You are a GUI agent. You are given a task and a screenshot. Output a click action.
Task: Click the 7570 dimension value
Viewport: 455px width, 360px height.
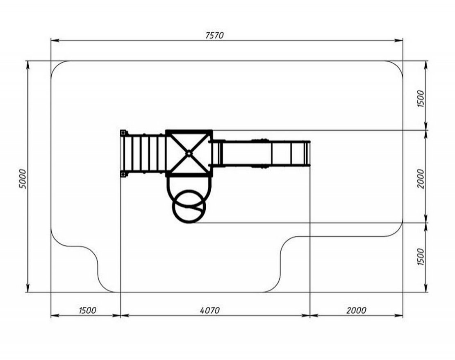point(214,35)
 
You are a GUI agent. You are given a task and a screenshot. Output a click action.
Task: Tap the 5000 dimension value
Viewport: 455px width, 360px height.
point(23,179)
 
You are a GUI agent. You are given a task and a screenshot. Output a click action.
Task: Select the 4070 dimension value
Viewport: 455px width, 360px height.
point(210,310)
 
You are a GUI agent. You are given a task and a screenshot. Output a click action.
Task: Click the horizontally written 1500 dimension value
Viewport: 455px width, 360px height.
point(87,310)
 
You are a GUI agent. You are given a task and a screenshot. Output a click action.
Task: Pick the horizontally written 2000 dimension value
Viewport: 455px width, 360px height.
point(356,310)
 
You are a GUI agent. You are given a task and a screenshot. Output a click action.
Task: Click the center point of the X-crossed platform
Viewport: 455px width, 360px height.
point(189,153)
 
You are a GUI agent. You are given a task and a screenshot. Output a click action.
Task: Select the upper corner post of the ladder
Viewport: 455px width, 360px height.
point(123,133)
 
